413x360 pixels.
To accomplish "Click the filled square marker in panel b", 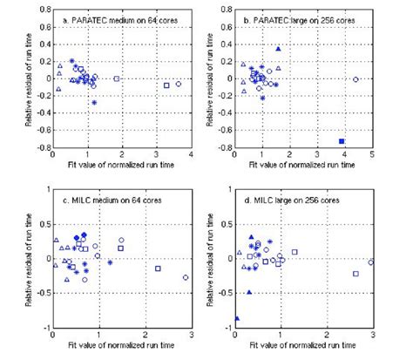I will pos(342,140).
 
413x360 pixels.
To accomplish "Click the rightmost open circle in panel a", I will pos(178,84).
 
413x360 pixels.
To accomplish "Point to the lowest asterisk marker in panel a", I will pos(94,103).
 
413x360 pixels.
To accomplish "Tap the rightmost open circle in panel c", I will pos(186,277).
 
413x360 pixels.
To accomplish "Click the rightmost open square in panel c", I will pos(158,268).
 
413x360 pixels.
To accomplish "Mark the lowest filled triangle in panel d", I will pos(236,318).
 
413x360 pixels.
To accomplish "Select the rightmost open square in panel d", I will pos(355,274).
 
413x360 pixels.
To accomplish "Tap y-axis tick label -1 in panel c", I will pos(47,328).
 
